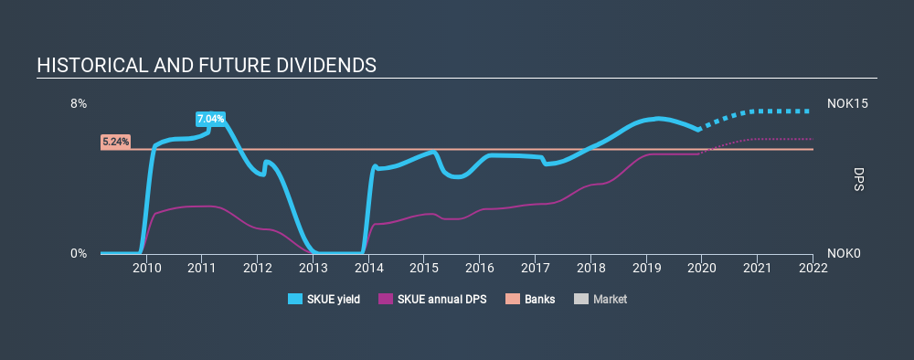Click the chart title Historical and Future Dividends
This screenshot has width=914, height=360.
point(206,66)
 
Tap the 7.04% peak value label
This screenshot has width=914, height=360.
point(209,119)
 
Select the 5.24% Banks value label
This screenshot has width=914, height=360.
point(115,142)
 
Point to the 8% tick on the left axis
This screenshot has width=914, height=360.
point(80,104)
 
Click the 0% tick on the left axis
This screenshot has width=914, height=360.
point(80,253)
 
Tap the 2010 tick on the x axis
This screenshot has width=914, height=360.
point(146,268)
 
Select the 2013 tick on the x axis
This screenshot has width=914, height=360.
point(313,268)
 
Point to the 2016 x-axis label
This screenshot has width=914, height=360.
point(479,268)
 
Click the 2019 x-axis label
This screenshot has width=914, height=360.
point(646,268)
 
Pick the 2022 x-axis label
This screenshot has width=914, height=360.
point(813,268)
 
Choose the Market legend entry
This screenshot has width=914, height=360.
point(601,299)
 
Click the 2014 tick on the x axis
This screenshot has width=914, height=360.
point(368,268)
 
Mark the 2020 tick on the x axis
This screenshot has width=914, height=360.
point(701,268)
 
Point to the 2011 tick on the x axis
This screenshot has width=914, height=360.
point(202,268)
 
